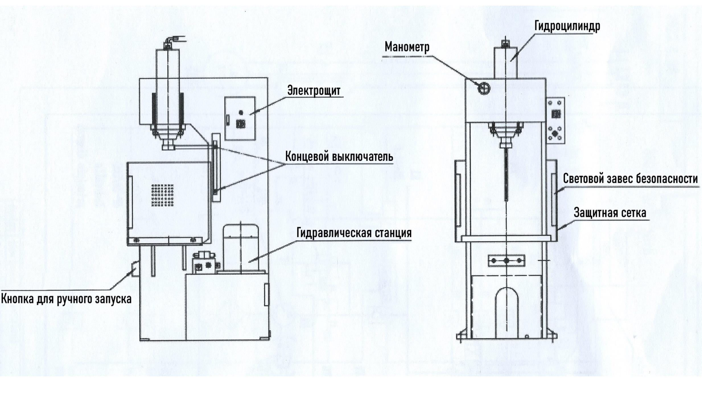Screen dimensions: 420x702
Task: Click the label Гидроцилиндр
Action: pyautogui.click(x=567, y=26)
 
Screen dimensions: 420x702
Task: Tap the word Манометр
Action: pyautogui.click(x=407, y=47)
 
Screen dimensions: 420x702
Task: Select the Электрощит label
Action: pyautogui.click(x=314, y=91)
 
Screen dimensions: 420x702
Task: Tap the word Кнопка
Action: pyautogui.click(x=17, y=299)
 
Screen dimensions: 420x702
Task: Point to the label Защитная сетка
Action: pyautogui.click(x=610, y=213)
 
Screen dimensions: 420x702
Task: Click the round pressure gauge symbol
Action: pyautogui.click(x=483, y=88)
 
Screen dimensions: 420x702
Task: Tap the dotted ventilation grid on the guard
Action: pyautogui.click(x=162, y=195)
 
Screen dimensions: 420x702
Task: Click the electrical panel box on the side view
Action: pyautogui.click(x=240, y=118)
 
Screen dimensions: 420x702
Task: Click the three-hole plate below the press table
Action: pyautogui.click(x=506, y=260)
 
